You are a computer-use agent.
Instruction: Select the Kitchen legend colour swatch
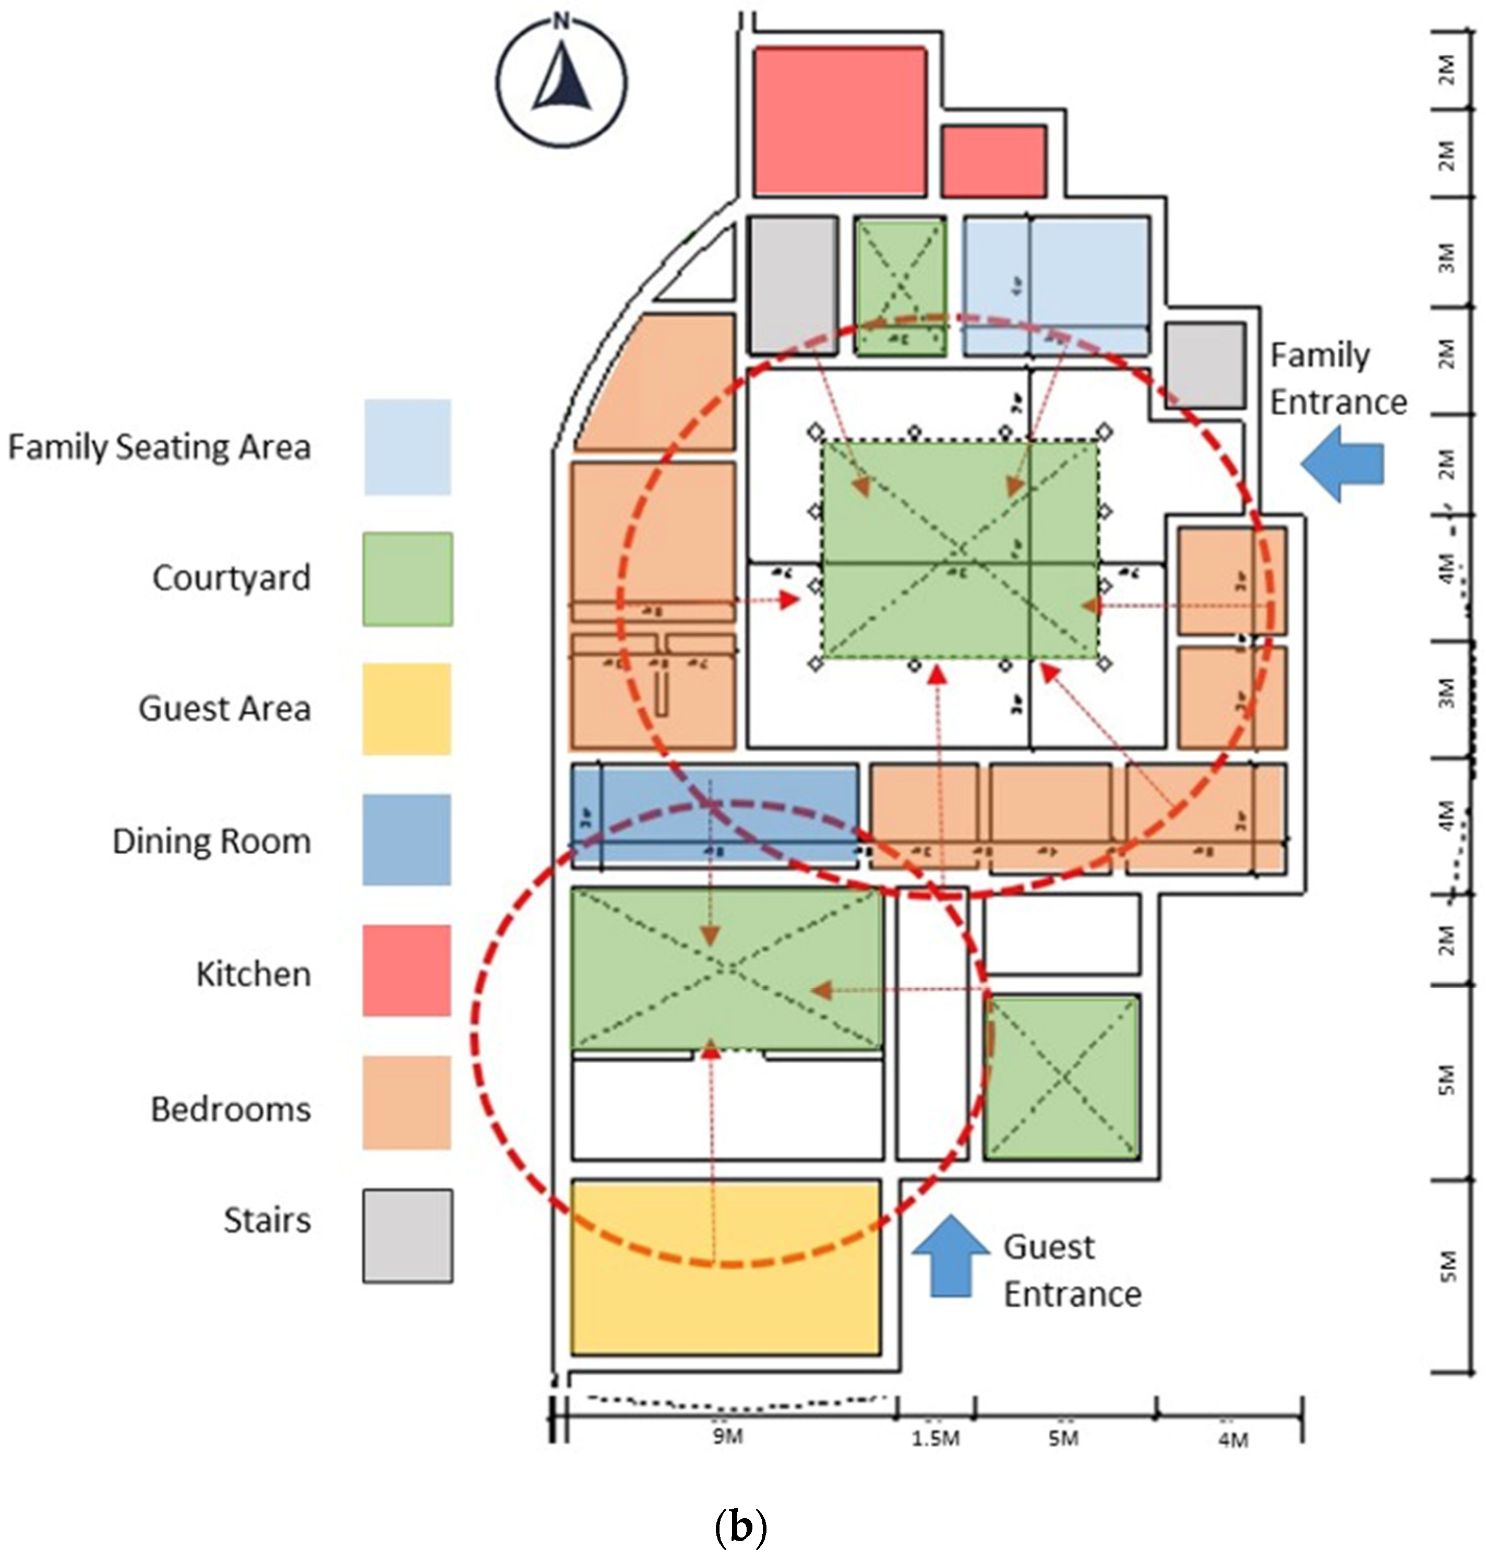[x=407, y=970]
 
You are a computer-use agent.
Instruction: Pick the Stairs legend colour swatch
[x=408, y=1235]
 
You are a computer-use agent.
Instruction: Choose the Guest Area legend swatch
[x=407, y=708]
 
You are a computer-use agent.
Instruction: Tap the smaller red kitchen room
[x=993, y=161]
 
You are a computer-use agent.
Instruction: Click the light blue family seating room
[x=1056, y=285]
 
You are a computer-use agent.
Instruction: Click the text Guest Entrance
[x=1072, y=1270]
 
